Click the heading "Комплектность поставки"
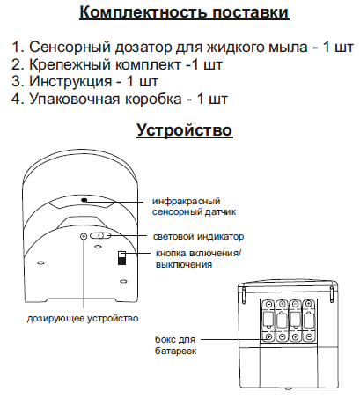click(184, 12)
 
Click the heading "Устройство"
click(185, 129)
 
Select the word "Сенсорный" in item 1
click(70, 47)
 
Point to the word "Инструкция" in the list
click(70, 81)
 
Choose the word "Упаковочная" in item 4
click(75, 99)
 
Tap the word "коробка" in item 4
click(153, 99)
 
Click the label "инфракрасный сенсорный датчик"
click(194, 206)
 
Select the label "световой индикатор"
click(198, 236)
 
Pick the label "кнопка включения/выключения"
click(198, 259)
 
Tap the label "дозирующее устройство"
click(83, 318)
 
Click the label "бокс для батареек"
click(175, 345)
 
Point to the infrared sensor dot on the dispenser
click(84, 200)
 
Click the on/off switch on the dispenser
click(121, 258)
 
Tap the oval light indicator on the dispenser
click(100, 235)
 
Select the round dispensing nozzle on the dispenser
click(84, 236)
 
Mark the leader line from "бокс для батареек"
click(234, 339)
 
